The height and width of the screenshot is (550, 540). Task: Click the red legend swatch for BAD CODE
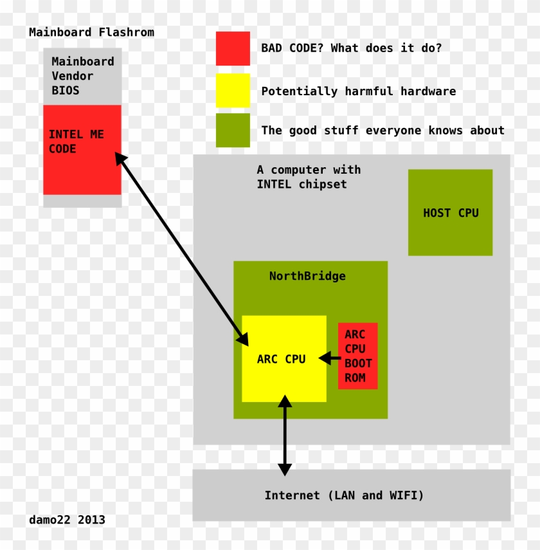233,48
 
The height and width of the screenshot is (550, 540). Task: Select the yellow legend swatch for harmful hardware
233,91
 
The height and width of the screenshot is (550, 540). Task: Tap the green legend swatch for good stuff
233,130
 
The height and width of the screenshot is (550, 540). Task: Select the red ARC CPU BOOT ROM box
358,356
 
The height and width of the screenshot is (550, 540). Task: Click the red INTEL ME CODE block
82,167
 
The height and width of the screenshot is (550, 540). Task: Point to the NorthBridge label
307,277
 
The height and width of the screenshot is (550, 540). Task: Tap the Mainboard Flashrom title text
91,32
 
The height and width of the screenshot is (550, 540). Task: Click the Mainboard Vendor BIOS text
82,76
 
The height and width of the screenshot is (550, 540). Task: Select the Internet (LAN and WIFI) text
344,495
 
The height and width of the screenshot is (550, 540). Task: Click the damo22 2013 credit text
67,520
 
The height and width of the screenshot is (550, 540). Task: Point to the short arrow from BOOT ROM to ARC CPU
330,358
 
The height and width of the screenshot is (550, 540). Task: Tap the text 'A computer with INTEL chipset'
309,177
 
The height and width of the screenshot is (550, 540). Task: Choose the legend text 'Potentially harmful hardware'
358,91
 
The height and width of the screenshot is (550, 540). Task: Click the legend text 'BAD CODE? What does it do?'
351,48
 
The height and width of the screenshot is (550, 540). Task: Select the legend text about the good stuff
382,131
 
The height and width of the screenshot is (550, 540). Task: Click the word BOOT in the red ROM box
358,363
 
